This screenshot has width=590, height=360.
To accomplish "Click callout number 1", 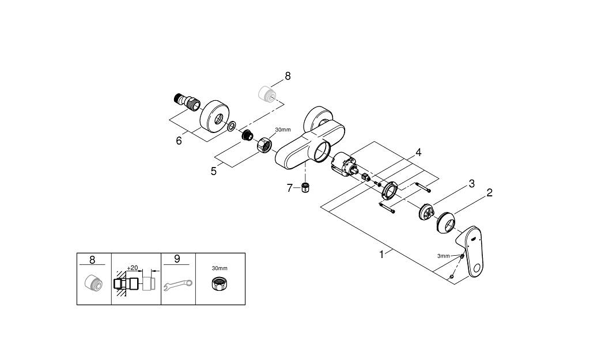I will [381, 254].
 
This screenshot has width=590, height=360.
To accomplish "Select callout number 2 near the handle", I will [489, 193].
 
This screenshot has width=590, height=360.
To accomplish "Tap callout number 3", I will [471, 184].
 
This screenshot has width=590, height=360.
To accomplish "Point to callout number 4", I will [418, 153].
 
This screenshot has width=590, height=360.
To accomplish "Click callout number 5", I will [214, 171].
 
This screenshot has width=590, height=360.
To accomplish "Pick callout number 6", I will [179, 141].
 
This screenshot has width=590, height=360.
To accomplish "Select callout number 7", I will [290, 188].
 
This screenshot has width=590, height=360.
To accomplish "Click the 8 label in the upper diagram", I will [288, 76].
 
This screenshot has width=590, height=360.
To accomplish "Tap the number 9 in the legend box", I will [177, 259].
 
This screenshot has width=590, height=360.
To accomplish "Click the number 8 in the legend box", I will [92, 260].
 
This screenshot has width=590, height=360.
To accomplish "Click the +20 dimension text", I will [133, 268].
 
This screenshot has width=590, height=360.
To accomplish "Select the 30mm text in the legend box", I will [220, 268].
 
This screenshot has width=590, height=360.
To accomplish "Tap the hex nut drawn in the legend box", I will [219, 283].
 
